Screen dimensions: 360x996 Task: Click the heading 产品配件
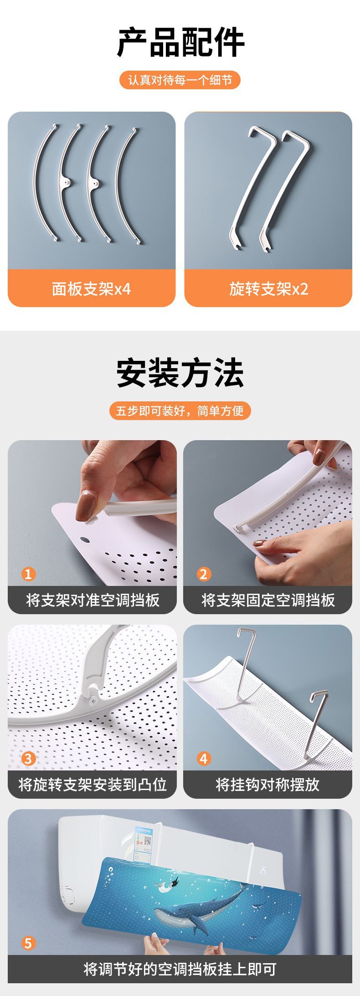click(x=180, y=42)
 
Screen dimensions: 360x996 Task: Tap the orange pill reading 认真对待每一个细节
click(x=180, y=80)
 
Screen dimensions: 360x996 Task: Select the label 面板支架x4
click(x=92, y=289)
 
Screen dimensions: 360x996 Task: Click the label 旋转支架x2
click(x=268, y=289)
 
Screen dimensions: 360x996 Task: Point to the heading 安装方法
click(x=180, y=373)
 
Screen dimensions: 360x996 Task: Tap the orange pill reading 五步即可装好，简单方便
click(x=180, y=411)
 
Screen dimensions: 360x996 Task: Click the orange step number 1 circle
click(x=28, y=574)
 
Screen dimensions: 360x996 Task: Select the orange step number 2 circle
click(x=204, y=574)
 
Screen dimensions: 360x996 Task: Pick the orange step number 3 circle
click(x=28, y=759)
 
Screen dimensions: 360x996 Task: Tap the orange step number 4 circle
click(x=204, y=759)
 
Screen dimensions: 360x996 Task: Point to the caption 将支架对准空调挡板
click(x=93, y=600)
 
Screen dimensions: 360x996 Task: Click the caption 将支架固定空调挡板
click(x=268, y=600)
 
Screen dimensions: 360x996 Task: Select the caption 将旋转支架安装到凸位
click(x=93, y=785)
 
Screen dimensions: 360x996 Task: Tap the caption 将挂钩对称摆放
click(x=267, y=785)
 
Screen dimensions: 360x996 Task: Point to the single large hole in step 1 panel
click(x=85, y=540)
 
